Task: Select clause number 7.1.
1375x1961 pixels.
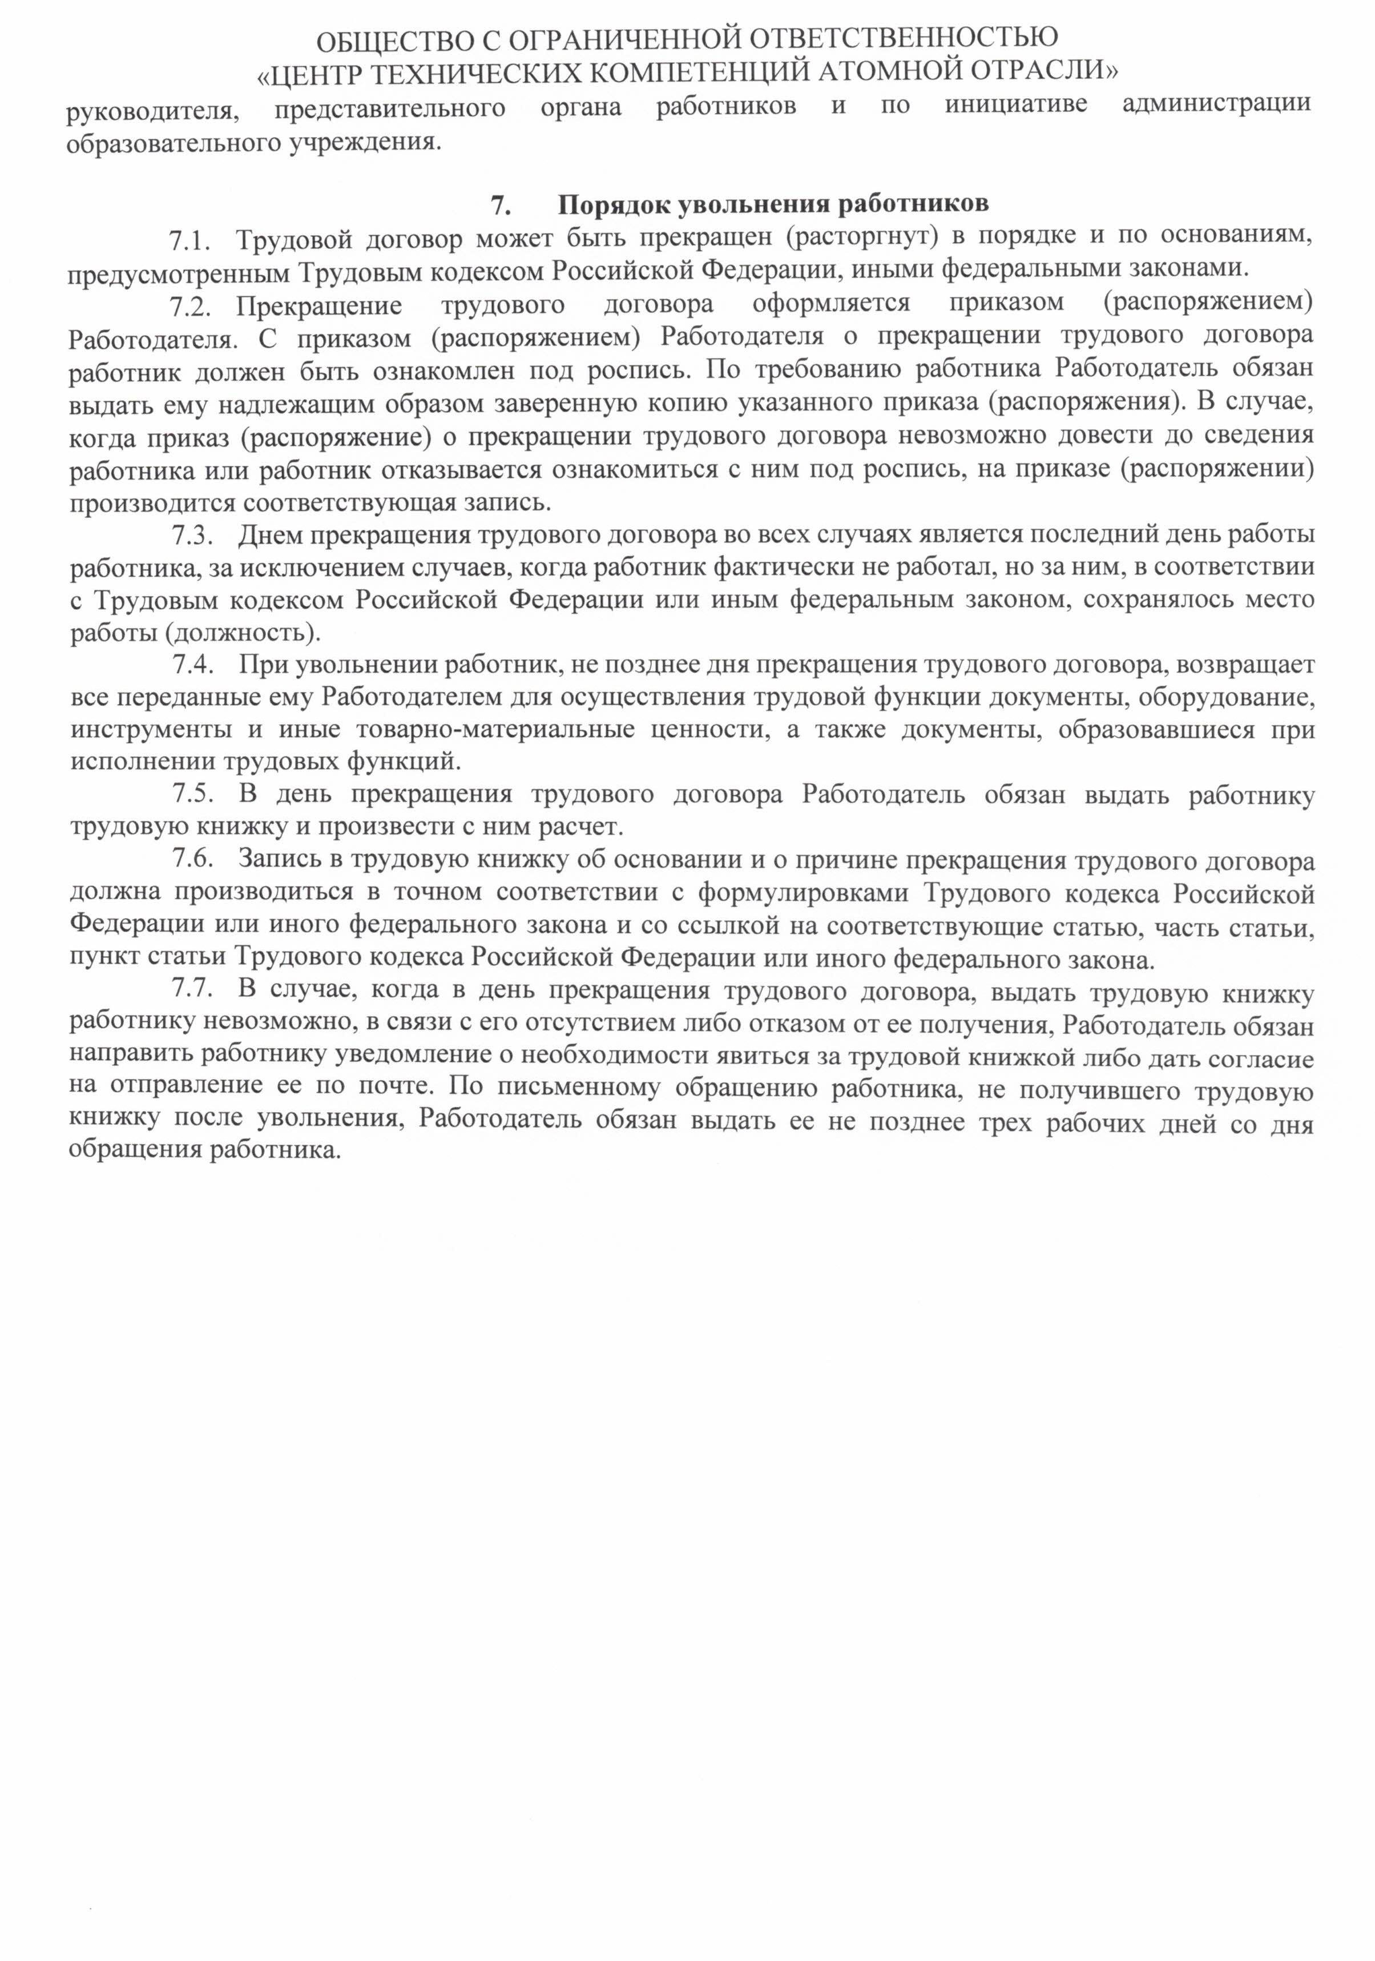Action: [x=189, y=240]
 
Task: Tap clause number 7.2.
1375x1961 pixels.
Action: [x=189, y=305]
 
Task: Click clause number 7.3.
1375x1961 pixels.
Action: [x=191, y=535]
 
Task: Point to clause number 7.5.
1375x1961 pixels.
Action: [x=191, y=794]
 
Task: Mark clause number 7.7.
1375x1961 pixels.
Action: [x=191, y=990]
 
